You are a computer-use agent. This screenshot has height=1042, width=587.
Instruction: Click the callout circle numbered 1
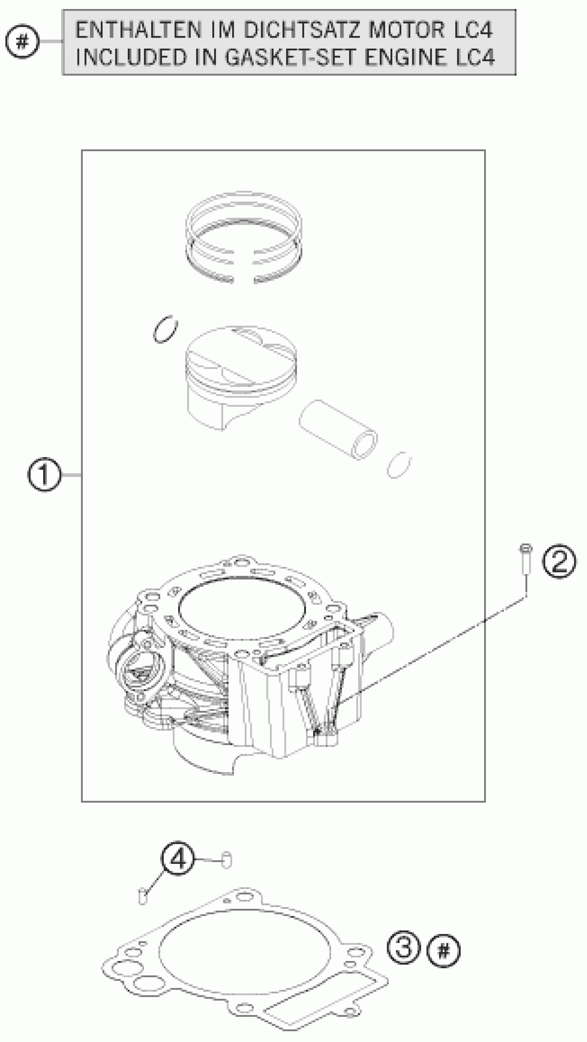[x=44, y=475]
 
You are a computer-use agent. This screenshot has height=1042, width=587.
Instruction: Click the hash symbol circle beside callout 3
[x=443, y=951]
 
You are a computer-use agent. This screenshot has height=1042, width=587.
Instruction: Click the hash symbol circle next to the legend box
[x=23, y=41]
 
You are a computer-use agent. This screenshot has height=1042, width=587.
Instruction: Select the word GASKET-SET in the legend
[x=291, y=57]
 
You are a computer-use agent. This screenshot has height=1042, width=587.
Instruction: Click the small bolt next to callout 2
[x=525, y=558]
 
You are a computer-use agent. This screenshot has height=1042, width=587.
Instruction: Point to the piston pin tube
[x=338, y=430]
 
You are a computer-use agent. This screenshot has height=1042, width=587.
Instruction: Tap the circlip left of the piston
[x=165, y=329]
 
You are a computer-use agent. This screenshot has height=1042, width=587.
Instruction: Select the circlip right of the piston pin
[x=399, y=465]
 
